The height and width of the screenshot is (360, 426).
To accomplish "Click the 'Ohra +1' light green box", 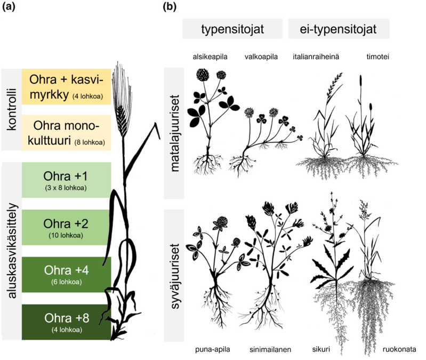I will tap(66, 181).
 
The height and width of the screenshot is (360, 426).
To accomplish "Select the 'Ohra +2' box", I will tap(66, 227).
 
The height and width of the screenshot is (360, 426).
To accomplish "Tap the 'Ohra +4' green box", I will tap(66, 274).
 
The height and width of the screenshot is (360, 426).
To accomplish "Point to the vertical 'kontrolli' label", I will tap(11, 110).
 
